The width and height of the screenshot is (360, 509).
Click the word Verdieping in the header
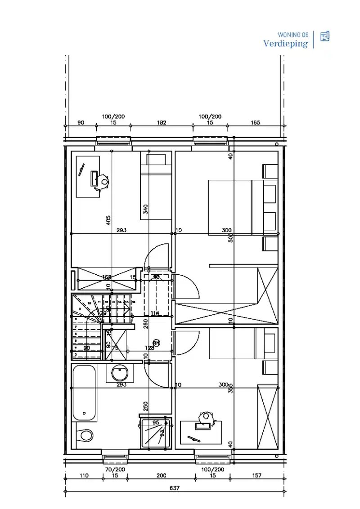pos(286,44)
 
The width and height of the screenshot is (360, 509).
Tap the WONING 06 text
pos(293,35)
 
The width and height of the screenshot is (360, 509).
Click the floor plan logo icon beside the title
pos(325,37)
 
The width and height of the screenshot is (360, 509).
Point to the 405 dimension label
pos(108,220)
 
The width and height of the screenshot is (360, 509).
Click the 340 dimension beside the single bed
pos(146,209)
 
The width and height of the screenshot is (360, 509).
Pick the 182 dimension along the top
pos(162,122)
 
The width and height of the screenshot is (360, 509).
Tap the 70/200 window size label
pos(115,469)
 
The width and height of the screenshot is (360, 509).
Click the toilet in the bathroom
pos(85,435)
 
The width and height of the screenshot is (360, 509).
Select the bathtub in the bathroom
pos(85,393)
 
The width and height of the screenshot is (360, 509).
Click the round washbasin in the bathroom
pos(120,373)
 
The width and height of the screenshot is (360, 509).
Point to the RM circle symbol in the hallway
pos(156,343)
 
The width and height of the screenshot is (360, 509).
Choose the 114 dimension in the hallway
pos(155,313)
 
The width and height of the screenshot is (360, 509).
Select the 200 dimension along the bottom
pos(162,475)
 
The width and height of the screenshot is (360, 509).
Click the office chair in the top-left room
pos(104,182)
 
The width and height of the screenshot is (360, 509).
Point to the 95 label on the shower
pos(156,423)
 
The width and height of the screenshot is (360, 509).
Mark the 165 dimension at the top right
pos(255,122)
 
